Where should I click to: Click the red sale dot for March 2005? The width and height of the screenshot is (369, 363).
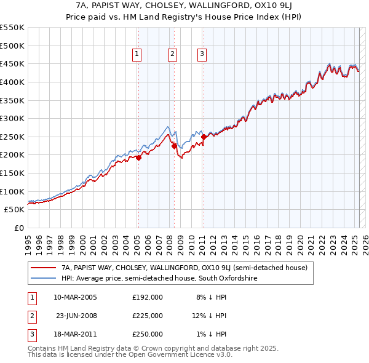coord(138,158)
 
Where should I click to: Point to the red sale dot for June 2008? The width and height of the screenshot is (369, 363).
coord(174,146)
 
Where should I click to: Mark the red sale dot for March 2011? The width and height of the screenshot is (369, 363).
coord(204,137)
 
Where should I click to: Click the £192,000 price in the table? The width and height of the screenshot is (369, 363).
coord(148,297)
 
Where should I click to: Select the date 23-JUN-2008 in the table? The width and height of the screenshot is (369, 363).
coord(76,316)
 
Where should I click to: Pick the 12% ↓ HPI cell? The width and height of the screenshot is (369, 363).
coord(209,316)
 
